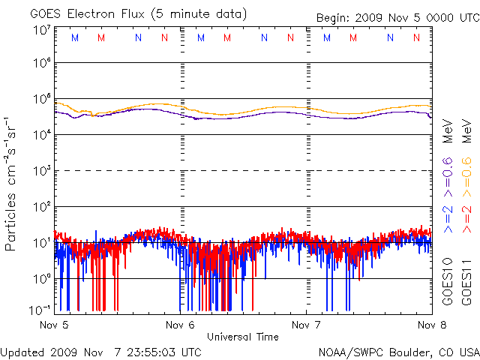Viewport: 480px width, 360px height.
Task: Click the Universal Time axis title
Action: click(x=243, y=337)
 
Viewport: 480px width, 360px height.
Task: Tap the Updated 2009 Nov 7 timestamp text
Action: click(x=100, y=351)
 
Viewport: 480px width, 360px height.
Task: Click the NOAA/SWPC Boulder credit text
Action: click(x=397, y=351)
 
